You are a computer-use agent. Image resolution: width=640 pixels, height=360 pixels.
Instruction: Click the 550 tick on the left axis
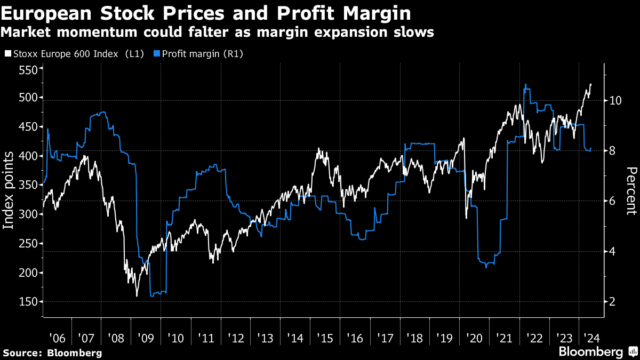point(28,70)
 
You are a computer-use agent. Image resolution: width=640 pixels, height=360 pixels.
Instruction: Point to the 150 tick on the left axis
point(28,302)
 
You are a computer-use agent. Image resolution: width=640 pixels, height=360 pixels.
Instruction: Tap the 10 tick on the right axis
point(614,100)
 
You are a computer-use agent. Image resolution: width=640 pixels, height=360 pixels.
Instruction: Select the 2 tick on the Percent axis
point(612,302)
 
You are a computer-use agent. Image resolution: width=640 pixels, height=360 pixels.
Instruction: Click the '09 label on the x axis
point(145,338)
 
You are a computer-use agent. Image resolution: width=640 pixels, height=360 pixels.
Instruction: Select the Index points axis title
point(9,190)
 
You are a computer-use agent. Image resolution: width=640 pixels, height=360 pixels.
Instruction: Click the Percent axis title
point(631,190)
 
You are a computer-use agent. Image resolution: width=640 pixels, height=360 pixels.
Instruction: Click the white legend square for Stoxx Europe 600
point(7,53)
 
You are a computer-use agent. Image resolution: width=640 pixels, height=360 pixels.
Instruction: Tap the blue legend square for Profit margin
point(156,53)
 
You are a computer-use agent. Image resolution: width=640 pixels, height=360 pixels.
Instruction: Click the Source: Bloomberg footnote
point(52,353)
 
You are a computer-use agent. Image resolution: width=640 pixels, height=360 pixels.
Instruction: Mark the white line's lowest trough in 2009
point(137,295)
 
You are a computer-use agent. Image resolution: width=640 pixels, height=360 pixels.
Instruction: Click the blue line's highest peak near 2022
point(526,84)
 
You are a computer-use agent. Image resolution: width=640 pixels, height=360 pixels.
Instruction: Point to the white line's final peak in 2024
point(590,84)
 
